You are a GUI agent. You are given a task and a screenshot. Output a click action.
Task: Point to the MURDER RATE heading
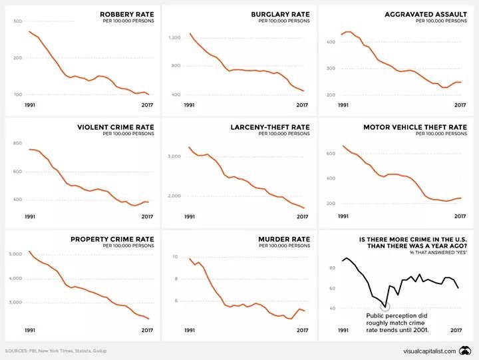coord(288,239)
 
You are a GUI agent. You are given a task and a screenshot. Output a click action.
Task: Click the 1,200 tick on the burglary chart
coord(175,38)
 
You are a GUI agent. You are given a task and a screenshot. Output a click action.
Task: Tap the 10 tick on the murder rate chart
coord(174,257)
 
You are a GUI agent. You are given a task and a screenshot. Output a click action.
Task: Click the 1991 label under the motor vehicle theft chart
coord(343,217)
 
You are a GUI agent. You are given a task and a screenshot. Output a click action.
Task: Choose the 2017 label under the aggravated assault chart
coord(459,104)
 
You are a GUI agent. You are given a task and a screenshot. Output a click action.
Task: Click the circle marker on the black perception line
coord(385,307)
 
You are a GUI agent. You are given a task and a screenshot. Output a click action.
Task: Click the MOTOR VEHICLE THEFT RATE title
coord(415,126)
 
